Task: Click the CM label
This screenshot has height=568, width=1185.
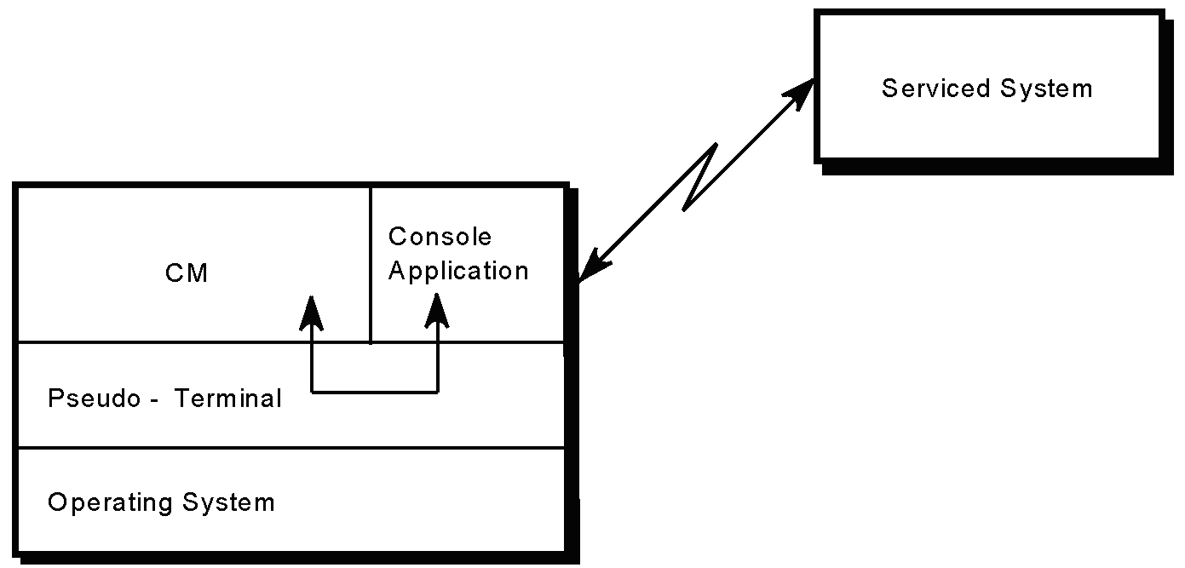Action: click(x=187, y=273)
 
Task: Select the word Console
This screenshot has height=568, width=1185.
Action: click(x=440, y=237)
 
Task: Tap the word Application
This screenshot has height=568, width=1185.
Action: click(x=458, y=271)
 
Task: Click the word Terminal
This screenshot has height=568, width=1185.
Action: click(x=227, y=399)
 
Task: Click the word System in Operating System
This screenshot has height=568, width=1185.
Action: click(x=228, y=502)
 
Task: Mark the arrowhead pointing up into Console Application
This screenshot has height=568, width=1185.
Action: click(x=437, y=311)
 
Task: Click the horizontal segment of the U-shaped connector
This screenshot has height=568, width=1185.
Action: click(x=375, y=393)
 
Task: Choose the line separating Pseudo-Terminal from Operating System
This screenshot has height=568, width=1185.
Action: click(x=290, y=447)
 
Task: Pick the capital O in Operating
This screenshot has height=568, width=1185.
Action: click(x=57, y=502)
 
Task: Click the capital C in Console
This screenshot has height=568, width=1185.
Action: click(x=397, y=237)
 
